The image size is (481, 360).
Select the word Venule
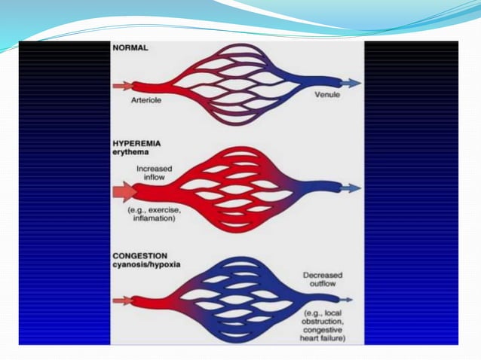tap(328, 96)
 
